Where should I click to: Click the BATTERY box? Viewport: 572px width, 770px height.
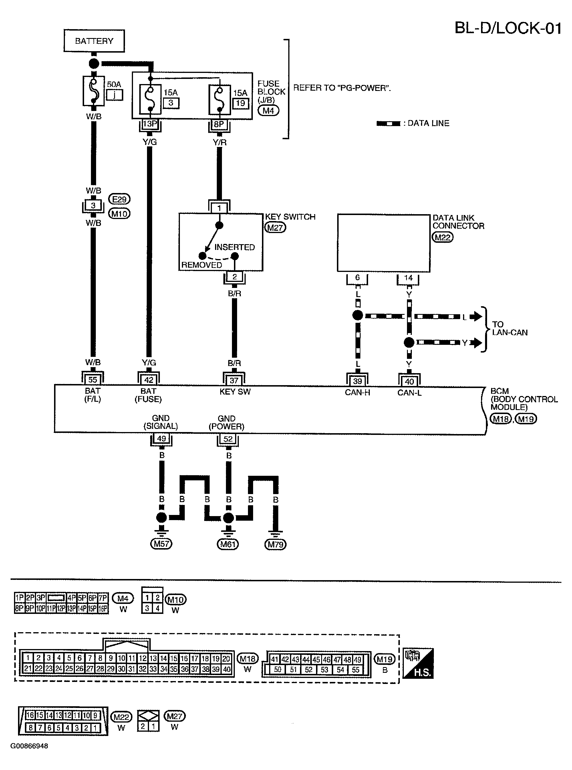pyautogui.click(x=94, y=41)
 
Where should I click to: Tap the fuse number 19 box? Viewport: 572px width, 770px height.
pyautogui.click(x=240, y=103)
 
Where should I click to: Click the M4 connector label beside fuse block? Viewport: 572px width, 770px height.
pyautogui.click(x=268, y=111)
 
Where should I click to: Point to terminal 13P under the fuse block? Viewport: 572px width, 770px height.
pyautogui.click(x=150, y=124)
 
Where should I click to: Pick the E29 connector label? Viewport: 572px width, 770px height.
pyautogui.click(x=120, y=199)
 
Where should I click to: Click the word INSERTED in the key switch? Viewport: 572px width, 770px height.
pyautogui.click(x=235, y=247)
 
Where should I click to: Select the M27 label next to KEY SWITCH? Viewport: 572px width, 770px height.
pyautogui.click(x=275, y=228)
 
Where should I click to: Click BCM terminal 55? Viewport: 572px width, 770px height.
pyautogui.click(x=93, y=380)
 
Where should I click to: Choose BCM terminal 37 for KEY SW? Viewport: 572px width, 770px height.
pyautogui.click(x=234, y=380)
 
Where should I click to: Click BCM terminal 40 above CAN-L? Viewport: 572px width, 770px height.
pyautogui.click(x=409, y=381)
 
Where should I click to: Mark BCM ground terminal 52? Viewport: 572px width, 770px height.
pyautogui.click(x=228, y=439)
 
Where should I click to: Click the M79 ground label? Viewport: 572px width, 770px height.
pyautogui.click(x=276, y=544)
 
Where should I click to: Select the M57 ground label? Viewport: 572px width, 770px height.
pyautogui.click(x=161, y=544)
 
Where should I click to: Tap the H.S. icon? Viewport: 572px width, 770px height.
pyautogui.click(x=419, y=663)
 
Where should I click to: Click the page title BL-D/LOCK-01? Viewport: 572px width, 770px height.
pyautogui.click(x=508, y=28)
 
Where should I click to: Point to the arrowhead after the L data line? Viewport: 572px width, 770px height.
pyautogui.click(x=477, y=316)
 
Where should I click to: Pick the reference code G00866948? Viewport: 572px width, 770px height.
pyautogui.click(x=29, y=746)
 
